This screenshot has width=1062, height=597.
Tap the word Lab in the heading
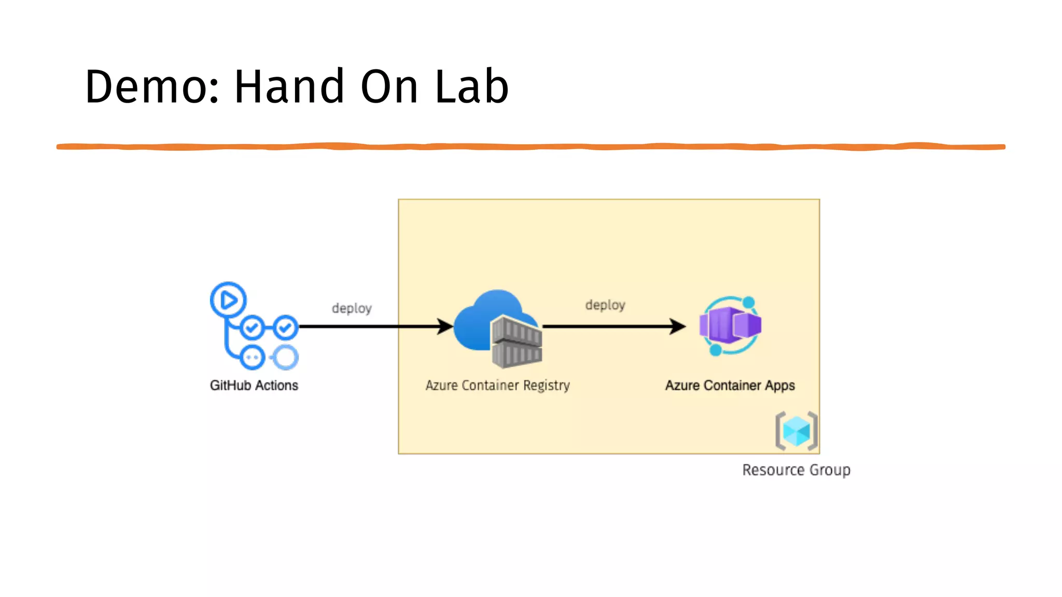(471, 87)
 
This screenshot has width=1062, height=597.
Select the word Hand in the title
(289, 87)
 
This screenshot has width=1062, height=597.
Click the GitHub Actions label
(254, 386)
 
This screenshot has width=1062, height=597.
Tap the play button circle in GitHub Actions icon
(228, 300)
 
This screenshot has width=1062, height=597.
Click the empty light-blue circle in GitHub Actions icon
(285, 358)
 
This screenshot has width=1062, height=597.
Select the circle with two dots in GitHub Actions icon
(253, 358)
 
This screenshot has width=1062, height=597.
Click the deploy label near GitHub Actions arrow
(352, 308)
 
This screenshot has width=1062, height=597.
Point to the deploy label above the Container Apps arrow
(605, 305)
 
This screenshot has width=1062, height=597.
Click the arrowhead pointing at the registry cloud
(445, 326)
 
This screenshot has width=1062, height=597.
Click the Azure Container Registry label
(497, 386)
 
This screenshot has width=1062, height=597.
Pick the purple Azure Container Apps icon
(730, 325)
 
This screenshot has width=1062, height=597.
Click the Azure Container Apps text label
(730, 386)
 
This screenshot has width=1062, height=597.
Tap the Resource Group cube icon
(796, 431)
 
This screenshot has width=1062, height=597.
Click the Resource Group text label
(796, 470)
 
